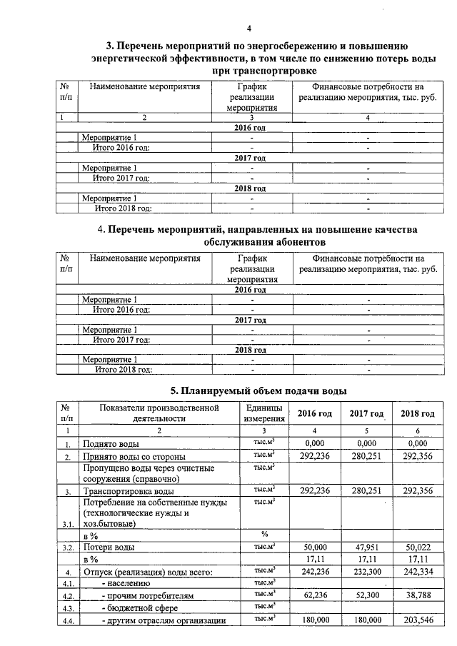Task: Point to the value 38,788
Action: click(418, 595)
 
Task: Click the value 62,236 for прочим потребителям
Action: click(314, 595)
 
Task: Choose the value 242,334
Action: click(418, 570)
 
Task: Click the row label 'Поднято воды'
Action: click(108, 443)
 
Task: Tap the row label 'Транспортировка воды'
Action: click(128, 491)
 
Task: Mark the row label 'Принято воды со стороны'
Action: click(134, 455)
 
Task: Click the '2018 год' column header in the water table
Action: click(418, 414)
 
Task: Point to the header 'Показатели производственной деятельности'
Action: click(159, 413)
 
